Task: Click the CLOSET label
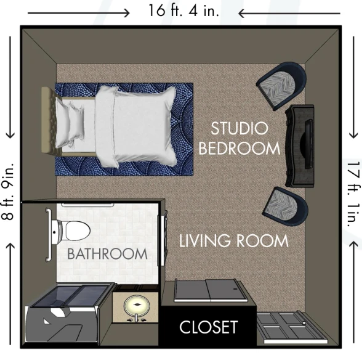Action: click(x=208, y=327)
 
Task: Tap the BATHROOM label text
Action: click(x=107, y=253)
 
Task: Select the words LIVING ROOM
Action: click(x=233, y=240)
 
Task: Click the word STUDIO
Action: click(x=239, y=129)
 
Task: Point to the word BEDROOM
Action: click(x=239, y=149)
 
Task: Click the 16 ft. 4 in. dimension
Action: click(x=182, y=10)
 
